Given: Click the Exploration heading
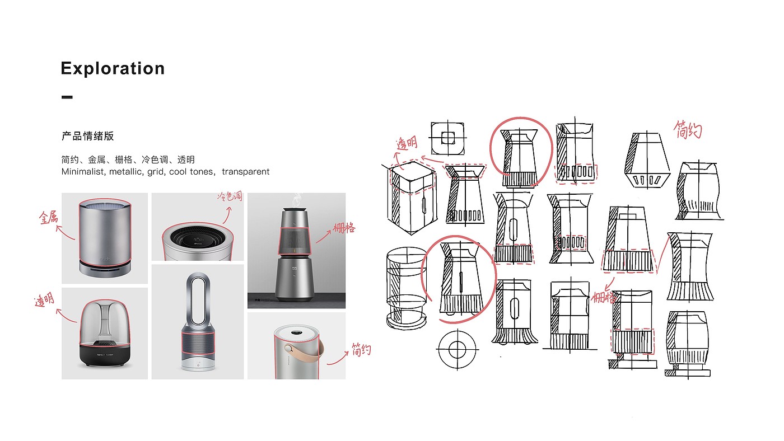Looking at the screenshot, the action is [x=113, y=68].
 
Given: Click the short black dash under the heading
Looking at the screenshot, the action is [x=67, y=97].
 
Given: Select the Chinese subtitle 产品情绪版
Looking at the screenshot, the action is [x=87, y=135].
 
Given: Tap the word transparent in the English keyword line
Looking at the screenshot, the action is [x=245, y=172].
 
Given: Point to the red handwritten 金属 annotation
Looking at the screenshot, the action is [x=48, y=217].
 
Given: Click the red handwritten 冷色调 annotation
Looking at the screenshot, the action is [x=230, y=196].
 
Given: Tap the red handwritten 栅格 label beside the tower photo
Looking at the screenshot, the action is [x=344, y=228].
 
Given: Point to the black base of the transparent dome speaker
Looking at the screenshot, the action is [x=105, y=354].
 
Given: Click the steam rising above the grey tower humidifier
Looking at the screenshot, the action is [x=297, y=200].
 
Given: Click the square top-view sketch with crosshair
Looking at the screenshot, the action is [x=447, y=138].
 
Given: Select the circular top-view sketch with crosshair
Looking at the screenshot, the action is [x=457, y=349].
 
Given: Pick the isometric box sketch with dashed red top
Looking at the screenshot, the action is [x=412, y=198].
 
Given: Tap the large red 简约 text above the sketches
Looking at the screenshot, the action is [x=688, y=130].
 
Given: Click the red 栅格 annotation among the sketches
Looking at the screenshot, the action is [x=604, y=298].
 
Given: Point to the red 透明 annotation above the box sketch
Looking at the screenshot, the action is [x=407, y=143].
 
